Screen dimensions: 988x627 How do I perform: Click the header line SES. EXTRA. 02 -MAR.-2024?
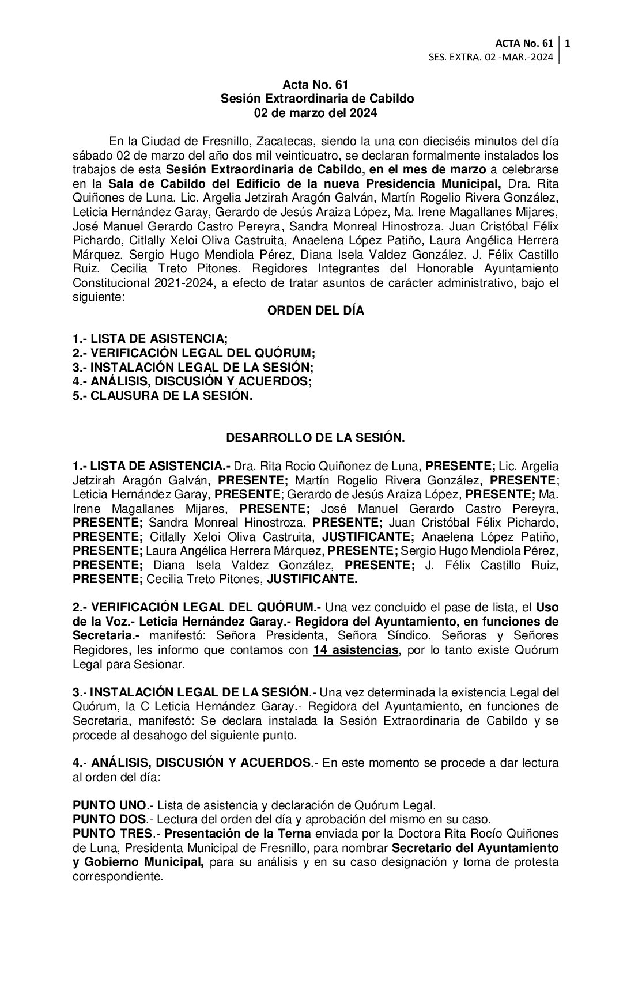(491, 57)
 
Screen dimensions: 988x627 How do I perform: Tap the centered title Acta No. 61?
(315, 85)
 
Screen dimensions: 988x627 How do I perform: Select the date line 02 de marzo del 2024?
(315, 113)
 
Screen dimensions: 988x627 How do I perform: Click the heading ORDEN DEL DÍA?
(315, 311)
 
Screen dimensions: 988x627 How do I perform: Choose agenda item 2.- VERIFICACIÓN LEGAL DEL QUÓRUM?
(194, 353)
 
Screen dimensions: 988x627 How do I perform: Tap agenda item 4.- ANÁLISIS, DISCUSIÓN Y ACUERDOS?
(192, 381)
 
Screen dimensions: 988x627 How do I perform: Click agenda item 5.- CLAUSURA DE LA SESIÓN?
(163, 396)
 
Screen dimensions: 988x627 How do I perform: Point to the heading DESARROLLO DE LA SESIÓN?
(315, 438)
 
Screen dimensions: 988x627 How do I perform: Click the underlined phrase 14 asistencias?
(356, 650)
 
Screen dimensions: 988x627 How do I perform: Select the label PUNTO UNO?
(109, 805)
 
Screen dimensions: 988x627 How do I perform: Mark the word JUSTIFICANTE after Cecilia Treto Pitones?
(311, 580)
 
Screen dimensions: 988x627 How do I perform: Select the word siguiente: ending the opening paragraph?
(95, 297)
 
